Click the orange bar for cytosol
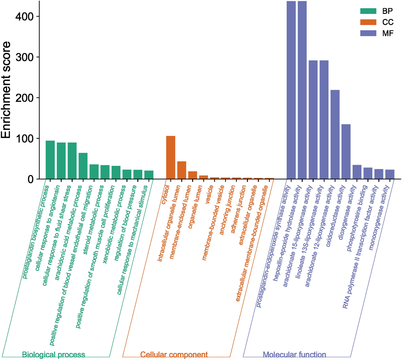coord(171,158)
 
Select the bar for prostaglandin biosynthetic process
coord(50,160)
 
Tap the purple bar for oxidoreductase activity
coord(346,152)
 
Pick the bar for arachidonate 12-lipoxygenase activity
coord(335,135)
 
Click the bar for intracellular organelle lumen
coord(182,170)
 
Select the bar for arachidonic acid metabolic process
coord(83,166)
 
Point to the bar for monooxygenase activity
coord(390,174)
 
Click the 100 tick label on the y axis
coord(24,139)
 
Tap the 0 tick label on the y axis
coord(31,179)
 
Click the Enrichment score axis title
coord(6,90)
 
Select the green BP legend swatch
coord(368,11)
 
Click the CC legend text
coord(388,22)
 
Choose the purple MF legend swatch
coord(368,33)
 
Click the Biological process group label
coord(53,355)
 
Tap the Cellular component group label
coord(174,355)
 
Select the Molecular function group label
coord(294,355)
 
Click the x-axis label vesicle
coord(209,194)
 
